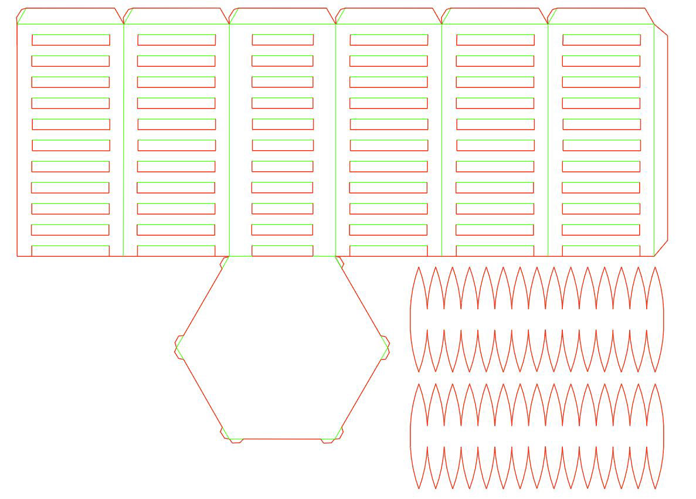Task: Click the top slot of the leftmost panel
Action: [x=70, y=40]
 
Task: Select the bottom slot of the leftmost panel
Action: [x=70, y=251]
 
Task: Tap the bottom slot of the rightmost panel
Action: [x=601, y=251]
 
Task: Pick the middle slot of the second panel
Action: [x=176, y=145]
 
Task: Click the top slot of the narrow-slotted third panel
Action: [x=283, y=40]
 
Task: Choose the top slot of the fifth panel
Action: [x=495, y=40]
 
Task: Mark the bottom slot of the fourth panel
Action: [x=389, y=251]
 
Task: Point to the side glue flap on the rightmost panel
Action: [x=661, y=140]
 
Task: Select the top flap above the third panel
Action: [x=283, y=16]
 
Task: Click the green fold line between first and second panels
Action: [x=124, y=141]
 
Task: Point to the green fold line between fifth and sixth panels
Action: [x=548, y=141]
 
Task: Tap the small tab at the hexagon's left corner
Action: [x=178, y=347]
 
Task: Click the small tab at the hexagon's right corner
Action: [x=386, y=347]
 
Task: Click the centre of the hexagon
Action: [x=282, y=347]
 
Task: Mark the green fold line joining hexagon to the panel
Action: [x=282, y=256]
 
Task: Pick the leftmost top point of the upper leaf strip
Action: [x=419, y=267]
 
